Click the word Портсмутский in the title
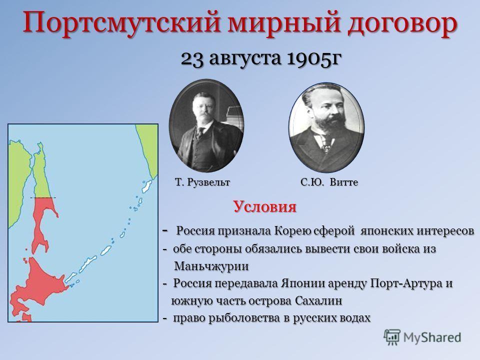pyautogui.click(x=122, y=23)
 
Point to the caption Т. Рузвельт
pyautogui.click(x=202, y=182)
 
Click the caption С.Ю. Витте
pyautogui.click(x=329, y=182)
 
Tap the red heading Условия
pyautogui.click(x=265, y=206)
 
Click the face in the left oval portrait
pyautogui.click(x=203, y=107)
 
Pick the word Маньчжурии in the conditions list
pyautogui.click(x=211, y=266)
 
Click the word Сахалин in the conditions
pyautogui.click(x=318, y=300)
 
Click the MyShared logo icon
pyautogui.click(x=391, y=337)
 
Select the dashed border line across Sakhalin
pyautogui.click(x=43, y=198)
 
